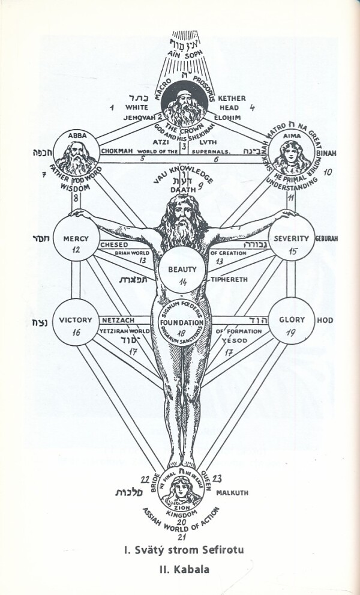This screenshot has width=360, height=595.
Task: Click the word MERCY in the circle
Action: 76,238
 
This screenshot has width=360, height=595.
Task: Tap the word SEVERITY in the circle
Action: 292,238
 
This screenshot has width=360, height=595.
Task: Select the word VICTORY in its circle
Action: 76,320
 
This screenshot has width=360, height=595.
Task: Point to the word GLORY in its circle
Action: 292,320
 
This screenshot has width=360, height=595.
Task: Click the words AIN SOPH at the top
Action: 182,53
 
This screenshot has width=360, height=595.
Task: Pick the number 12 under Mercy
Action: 76,250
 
